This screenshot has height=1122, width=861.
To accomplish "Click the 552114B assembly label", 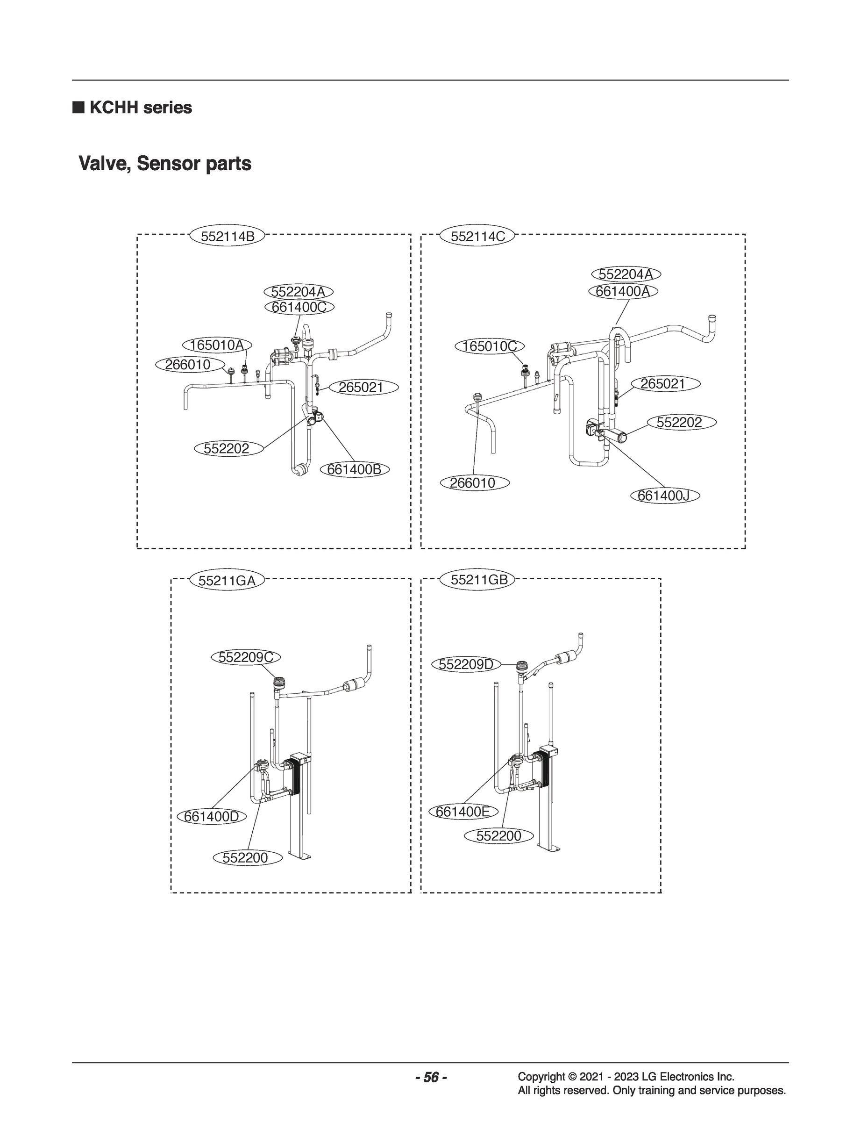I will coord(227,237).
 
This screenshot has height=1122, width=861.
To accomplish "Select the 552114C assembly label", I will coord(477,237).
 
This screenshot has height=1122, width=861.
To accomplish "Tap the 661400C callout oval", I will coord(299,307).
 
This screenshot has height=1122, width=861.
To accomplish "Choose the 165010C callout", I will coord(490,346).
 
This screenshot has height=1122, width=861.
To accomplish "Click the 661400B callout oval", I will coord(354,469).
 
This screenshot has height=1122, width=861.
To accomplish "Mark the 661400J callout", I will coord(664,496).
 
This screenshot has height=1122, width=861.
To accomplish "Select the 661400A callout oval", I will coord(623,291).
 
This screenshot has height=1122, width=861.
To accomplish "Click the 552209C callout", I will coord(247,657).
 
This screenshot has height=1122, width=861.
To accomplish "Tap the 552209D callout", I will coord(466,665).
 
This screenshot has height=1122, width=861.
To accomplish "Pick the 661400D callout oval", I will coord(211,816).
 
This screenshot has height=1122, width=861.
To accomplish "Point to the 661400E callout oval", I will coord(463,812).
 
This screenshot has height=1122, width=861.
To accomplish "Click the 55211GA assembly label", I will coord(227,581).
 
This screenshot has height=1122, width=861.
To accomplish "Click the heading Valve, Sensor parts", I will coord(164,164).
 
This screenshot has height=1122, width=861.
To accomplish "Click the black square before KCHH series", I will coord(78,107).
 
